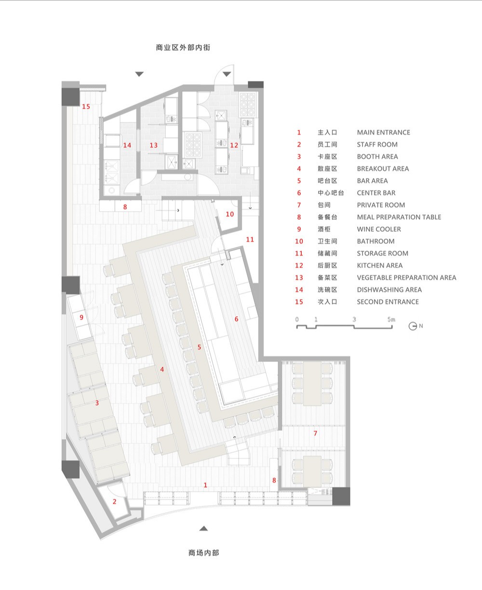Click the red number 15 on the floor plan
[x=86, y=107]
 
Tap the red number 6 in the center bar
[x=236, y=319]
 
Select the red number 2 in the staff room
[x=114, y=502]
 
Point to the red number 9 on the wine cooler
[x=81, y=317]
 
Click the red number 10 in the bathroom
[x=229, y=214]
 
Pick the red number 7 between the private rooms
[x=315, y=433]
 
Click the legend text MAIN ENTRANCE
[x=383, y=133]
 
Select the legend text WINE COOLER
[x=379, y=229]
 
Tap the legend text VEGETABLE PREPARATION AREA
[x=406, y=278]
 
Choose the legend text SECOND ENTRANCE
[x=388, y=302]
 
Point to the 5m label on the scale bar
[x=391, y=319]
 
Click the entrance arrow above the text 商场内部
[x=204, y=528]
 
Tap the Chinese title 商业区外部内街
[x=183, y=47]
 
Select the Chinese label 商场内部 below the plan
[x=204, y=552]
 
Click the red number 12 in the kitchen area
[x=234, y=145]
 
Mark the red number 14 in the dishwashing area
[x=127, y=145]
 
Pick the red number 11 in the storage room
[x=250, y=240]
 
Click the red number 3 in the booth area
[x=97, y=403]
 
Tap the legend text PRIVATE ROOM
[x=381, y=205]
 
